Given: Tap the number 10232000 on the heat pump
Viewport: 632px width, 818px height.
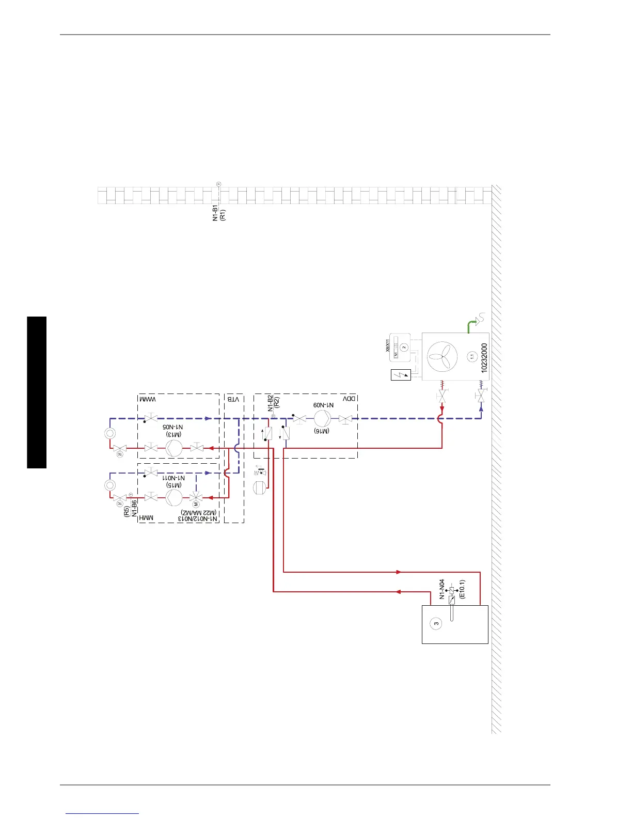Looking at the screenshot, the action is point(484,358).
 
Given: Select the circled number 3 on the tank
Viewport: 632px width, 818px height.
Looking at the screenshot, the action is point(436,623).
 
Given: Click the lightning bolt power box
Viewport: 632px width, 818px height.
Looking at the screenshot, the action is point(401,374).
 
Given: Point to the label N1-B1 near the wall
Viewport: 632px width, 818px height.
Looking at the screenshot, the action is point(216,213).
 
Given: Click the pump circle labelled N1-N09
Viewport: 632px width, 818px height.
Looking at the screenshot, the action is point(322,418).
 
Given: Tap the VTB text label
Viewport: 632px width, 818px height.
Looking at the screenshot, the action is point(233,399).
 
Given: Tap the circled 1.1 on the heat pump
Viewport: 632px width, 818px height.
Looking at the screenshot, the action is point(471,356).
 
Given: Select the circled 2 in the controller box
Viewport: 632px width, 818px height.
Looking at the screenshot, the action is point(404,348).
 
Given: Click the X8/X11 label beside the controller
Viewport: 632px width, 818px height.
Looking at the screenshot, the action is point(388,345).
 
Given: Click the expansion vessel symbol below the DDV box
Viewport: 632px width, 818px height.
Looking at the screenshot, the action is point(259,487).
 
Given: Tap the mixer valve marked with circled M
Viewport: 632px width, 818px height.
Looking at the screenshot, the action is point(196,498).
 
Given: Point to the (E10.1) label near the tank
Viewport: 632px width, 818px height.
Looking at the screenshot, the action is point(462,589).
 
